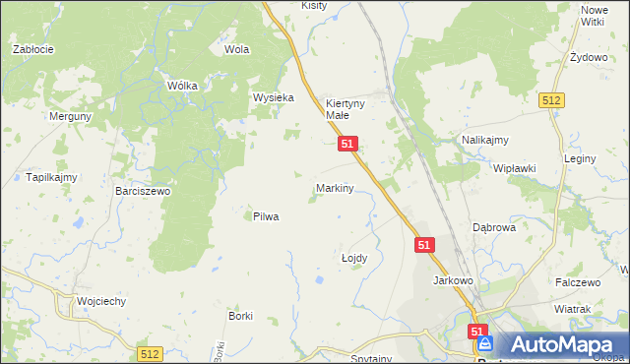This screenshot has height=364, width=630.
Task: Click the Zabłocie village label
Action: (31, 48)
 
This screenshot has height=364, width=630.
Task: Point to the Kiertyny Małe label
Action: (346, 108)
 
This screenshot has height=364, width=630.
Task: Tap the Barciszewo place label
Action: (143, 191)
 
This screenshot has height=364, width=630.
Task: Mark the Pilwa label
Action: (266, 216)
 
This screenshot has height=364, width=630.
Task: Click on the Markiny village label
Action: (335, 187)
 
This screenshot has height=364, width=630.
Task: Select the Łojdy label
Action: (353, 258)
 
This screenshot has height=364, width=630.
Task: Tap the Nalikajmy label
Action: (484, 141)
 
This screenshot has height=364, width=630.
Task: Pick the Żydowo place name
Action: (589, 57)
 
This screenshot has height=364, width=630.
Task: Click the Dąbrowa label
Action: (494, 226)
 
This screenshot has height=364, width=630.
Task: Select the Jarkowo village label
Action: (454, 280)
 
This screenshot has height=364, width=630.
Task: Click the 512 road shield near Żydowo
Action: (551, 99)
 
